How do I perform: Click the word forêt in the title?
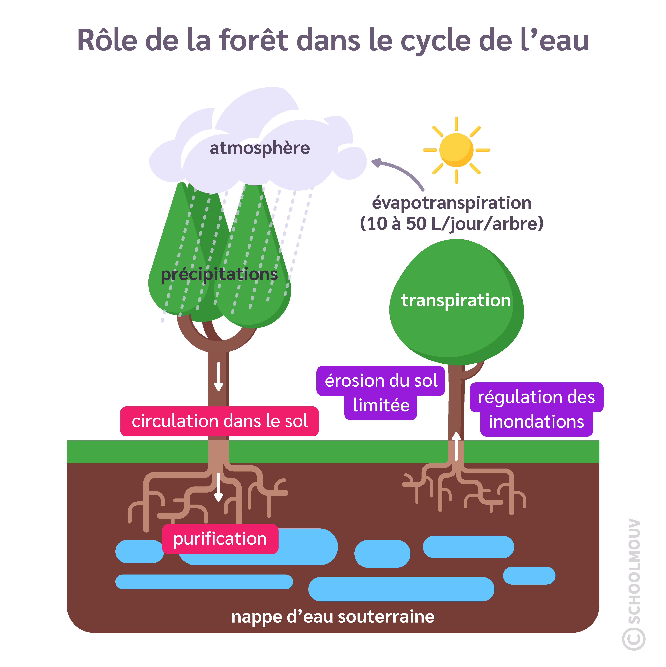click(x=254, y=41)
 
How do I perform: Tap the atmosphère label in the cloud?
click(x=259, y=148)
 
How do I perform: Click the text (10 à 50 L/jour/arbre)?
click(x=451, y=224)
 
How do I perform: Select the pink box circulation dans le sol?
click(x=219, y=421)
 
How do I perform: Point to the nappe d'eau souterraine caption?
click(x=333, y=617)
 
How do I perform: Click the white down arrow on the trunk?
click(x=218, y=376)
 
